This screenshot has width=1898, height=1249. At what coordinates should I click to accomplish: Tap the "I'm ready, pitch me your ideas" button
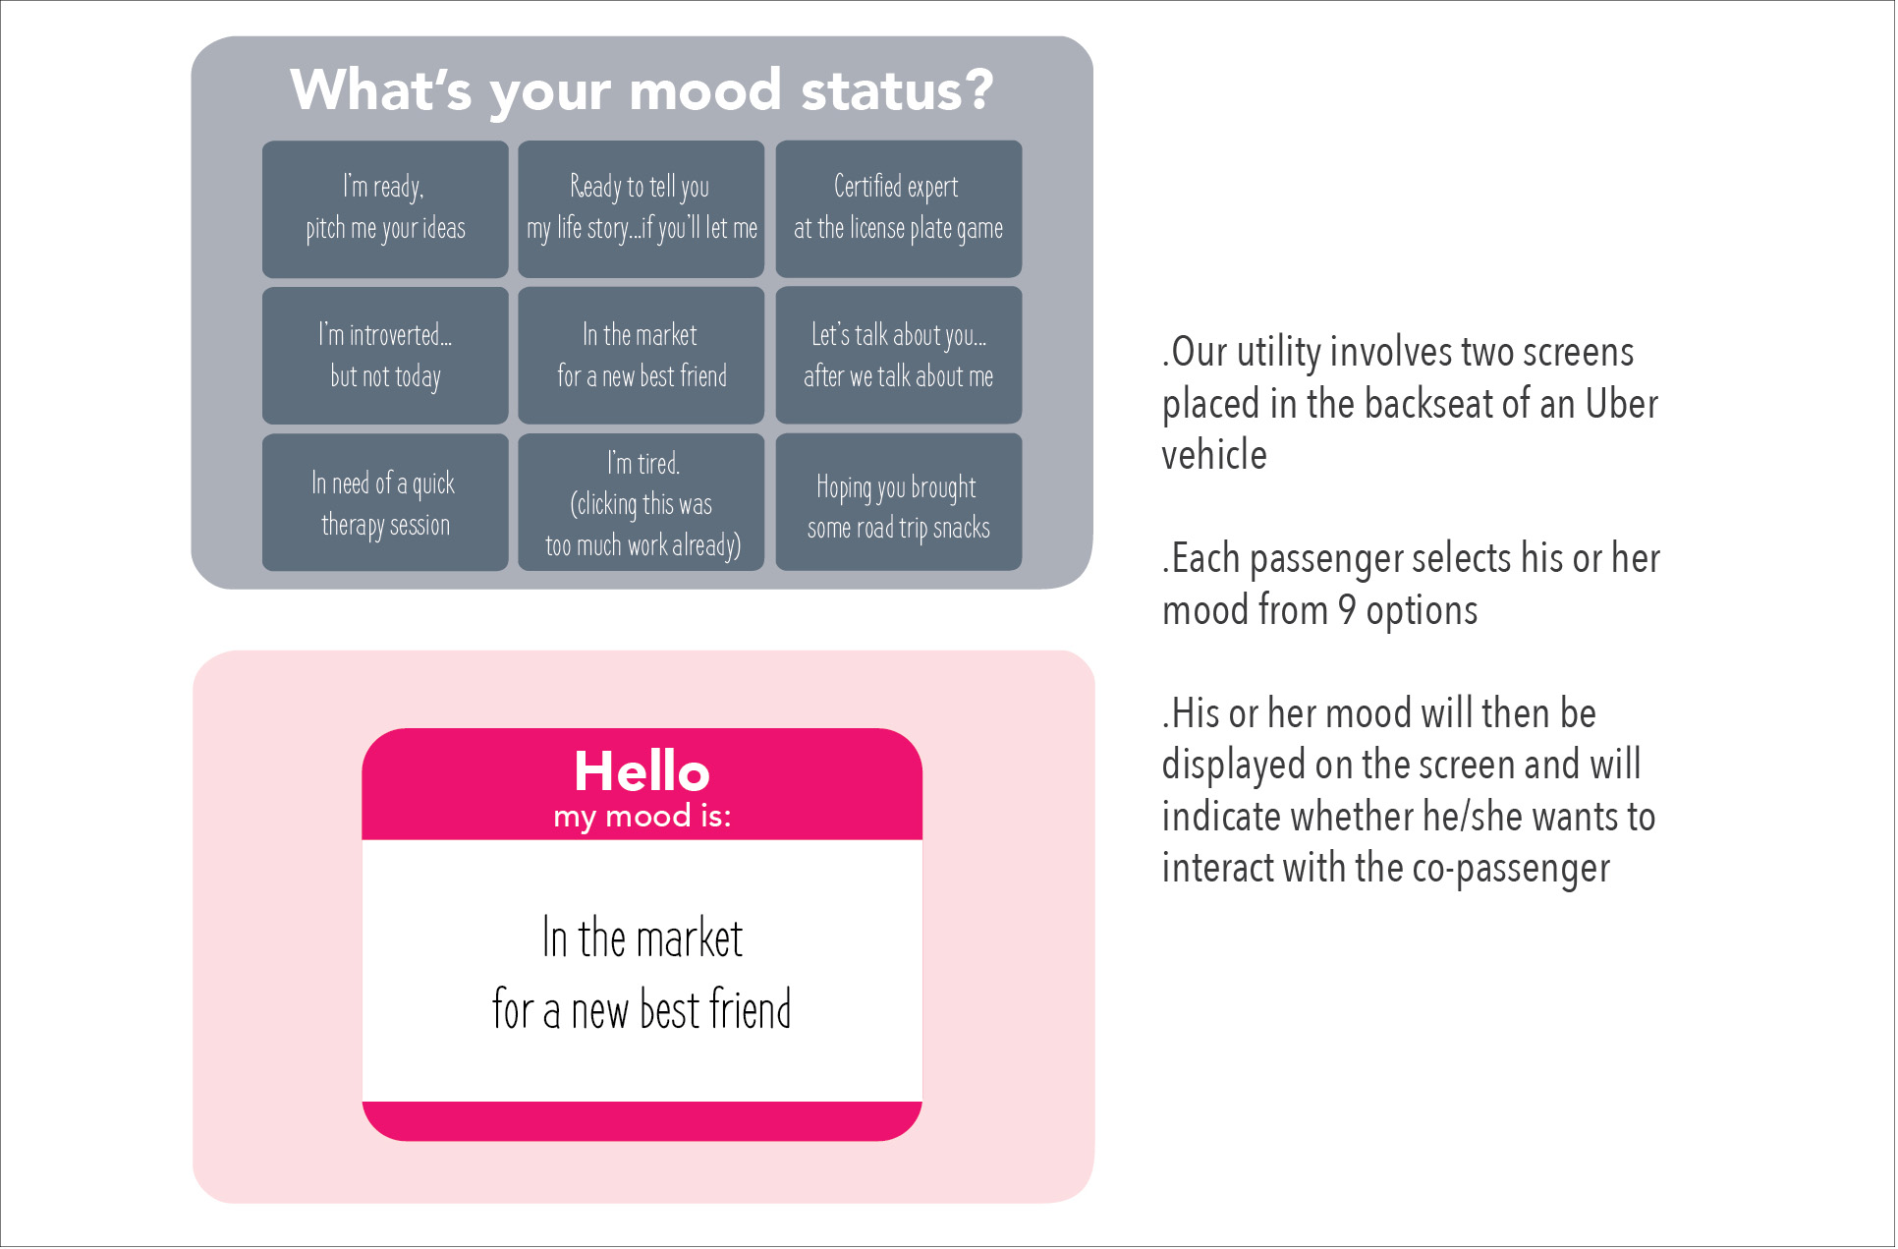click(x=385, y=209)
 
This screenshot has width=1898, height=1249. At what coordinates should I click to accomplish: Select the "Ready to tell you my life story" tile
click(x=642, y=209)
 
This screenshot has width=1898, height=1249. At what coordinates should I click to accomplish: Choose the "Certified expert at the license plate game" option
click(x=899, y=209)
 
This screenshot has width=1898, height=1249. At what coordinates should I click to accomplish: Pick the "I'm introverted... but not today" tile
click(x=385, y=356)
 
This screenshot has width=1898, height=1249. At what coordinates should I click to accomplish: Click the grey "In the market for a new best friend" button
click(x=642, y=356)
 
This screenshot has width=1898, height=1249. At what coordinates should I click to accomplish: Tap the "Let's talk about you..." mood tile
click(x=899, y=356)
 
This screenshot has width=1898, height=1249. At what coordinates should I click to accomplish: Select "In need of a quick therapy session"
click(x=385, y=502)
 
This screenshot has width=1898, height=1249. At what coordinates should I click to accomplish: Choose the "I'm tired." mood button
click(x=642, y=502)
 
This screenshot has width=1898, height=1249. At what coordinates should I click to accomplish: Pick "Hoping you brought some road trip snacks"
click(x=899, y=502)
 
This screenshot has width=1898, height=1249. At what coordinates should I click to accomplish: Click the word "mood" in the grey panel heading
click(x=705, y=90)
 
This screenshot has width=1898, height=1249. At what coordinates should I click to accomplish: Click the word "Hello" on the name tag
click(x=642, y=771)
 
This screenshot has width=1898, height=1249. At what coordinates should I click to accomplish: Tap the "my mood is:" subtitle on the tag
click(x=642, y=818)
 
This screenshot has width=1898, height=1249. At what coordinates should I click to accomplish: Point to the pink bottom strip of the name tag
click(x=642, y=1121)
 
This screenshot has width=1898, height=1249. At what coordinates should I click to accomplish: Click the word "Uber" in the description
click(x=1622, y=404)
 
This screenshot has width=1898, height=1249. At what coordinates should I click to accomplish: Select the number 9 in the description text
click(x=1347, y=610)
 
